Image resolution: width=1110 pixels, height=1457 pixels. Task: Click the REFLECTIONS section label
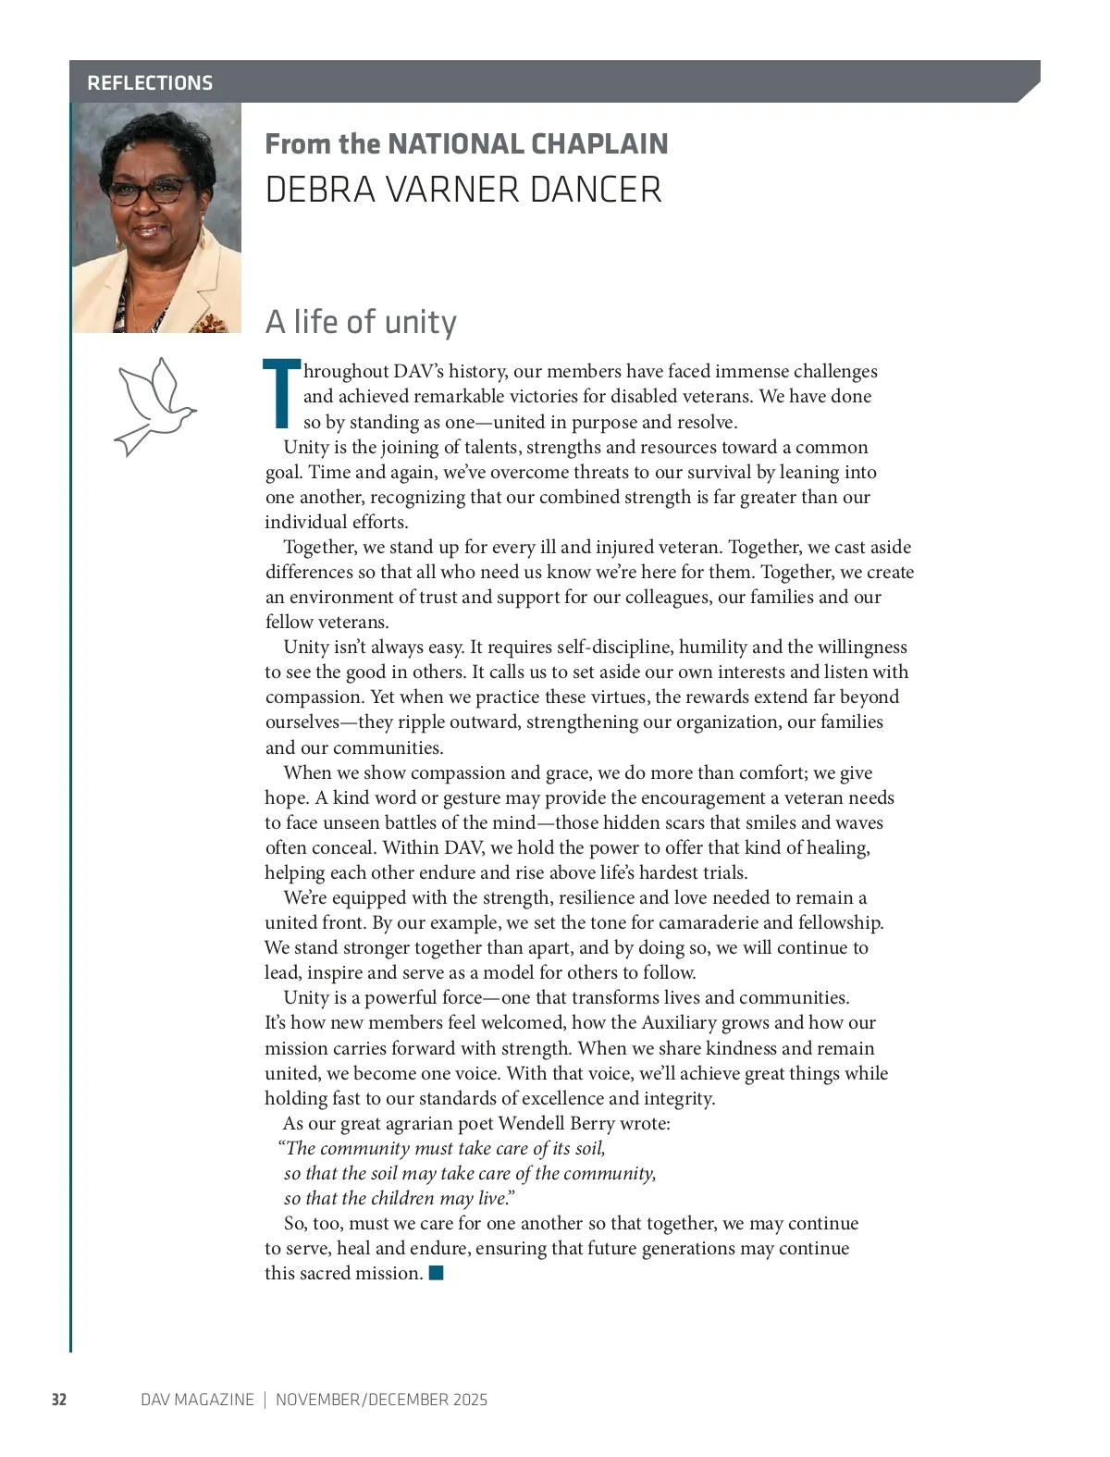click(150, 82)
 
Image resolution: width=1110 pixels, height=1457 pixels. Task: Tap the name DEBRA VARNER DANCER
click(462, 190)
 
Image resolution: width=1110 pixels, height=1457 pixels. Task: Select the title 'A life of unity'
click(361, 322)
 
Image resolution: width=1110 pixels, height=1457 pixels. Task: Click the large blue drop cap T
click(281, 394)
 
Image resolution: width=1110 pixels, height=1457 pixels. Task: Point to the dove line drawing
click(154, 406)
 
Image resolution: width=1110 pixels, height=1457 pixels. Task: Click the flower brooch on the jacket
click(208, 323)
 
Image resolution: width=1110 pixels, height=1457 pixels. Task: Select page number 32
click(58, 1400)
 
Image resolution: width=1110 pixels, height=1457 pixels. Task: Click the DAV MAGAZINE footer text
click(197, 1400)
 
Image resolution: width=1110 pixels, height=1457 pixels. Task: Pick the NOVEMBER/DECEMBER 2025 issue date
click(381, 1400)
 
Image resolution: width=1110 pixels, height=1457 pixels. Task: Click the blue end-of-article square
click(437, 1273)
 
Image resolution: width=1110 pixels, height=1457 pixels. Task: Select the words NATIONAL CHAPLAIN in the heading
click(527, 143)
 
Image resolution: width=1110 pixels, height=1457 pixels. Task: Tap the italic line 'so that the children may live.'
click(399, 1198)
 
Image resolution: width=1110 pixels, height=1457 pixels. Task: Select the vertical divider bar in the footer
click(265, 1400)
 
